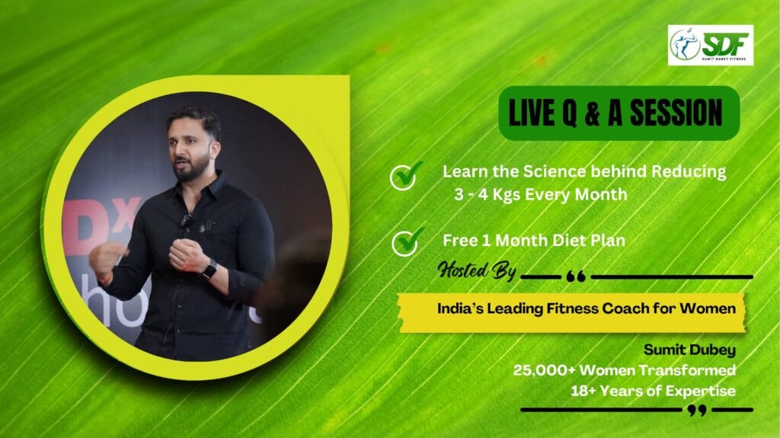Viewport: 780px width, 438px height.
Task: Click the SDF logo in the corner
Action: tap(711, 45)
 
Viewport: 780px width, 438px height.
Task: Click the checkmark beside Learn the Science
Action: tap(406, 175)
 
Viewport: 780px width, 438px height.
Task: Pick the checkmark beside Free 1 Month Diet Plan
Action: tap(408, 242)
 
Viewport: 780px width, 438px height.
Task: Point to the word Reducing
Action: tap(689, 172)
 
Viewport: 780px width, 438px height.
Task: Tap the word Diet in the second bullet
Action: tap(569, 241)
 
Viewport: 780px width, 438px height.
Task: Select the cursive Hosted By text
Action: tap(477, 270)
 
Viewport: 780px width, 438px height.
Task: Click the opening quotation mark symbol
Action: tap(576, 277)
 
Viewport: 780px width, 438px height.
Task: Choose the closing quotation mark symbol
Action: tap(697, 410)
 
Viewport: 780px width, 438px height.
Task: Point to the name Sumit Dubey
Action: tap(689, 350)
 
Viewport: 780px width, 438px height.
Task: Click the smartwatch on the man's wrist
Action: tap(209, 270)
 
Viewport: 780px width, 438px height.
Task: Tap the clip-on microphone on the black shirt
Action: tap(186, 219)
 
